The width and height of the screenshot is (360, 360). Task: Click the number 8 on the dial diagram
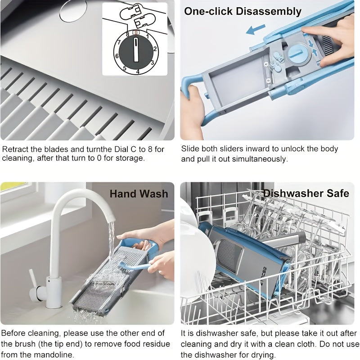tap(128, 35)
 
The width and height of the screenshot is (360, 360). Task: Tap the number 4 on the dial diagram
tap(138, 72)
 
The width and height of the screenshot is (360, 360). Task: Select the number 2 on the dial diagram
tap(155, 49)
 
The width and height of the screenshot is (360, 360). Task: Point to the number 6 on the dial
tap(117, 56)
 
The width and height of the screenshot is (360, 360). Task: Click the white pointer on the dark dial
tap(136, 50)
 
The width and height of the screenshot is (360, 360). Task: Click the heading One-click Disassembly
tap(243, 11)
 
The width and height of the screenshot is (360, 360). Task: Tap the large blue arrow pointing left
tap(256, 29)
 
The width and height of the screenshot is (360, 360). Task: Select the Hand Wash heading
tap(139, 193)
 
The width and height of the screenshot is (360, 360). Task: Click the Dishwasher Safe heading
tap(306, 193)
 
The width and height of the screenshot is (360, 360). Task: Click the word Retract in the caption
tap(15, 149)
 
